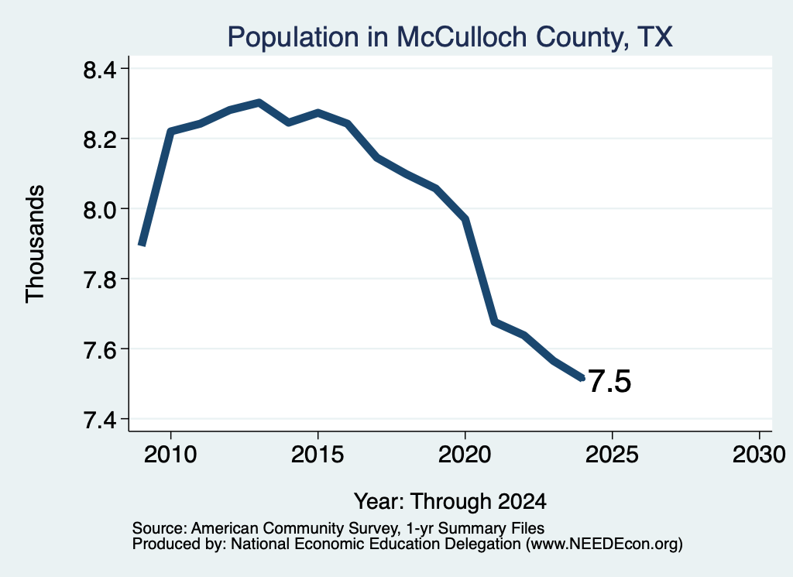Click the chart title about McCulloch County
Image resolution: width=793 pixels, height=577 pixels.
[x=450, y=37]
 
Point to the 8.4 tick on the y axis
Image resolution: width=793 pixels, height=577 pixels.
[x=100, y=69]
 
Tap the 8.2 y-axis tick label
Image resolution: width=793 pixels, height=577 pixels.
[x=100, y=139]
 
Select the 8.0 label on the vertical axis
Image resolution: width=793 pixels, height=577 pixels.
[x=100, y=209]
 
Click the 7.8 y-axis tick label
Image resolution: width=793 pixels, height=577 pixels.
[x=100, y=279]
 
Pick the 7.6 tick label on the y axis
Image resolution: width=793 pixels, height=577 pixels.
[x=100, y=349]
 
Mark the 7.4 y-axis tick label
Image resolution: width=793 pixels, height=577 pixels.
[x=100, y=419]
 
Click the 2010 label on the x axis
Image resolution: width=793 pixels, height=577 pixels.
[x=170, y=455]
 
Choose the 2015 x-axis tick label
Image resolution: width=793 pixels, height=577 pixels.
[x=318, y=455]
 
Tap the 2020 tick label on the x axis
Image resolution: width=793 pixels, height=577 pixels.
[x=465, y=455]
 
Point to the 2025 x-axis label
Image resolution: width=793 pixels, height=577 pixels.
[x=612, y=455]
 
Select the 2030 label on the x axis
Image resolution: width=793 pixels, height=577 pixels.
[x=759, y=455]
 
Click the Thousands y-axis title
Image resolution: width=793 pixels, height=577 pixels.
[x=36, y=244]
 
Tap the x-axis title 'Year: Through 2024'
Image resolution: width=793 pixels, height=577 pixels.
[x=450, y=502]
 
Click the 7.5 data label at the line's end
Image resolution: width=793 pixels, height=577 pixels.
[x=610, y=381]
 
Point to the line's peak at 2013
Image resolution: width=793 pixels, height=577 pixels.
[x=259, y=103]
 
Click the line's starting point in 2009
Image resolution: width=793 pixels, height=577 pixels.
[x=142, y=246]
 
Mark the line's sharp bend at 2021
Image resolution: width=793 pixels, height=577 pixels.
[x=494, y=321]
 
